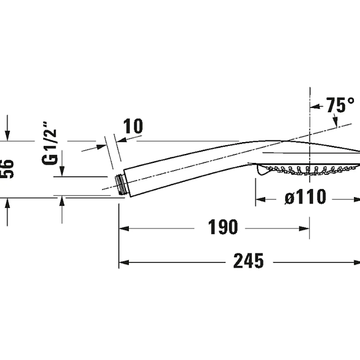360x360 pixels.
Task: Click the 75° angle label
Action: (340, 105)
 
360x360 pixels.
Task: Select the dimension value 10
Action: (133, 126)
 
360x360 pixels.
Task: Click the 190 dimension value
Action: (223, 227)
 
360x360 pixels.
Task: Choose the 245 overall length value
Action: (248, 261)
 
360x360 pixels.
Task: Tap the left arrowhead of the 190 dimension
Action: (124, 228)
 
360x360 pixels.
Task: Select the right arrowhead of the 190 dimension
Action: (304, 228)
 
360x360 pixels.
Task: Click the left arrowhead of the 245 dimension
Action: (124, 262)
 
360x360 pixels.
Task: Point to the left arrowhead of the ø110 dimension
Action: (261, 200)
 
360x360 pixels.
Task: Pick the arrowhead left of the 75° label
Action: (315, 106)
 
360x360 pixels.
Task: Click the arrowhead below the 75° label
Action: (336, 122)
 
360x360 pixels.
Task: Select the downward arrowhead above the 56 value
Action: (7, 136)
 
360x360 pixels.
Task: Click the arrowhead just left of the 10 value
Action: (122, 140)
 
